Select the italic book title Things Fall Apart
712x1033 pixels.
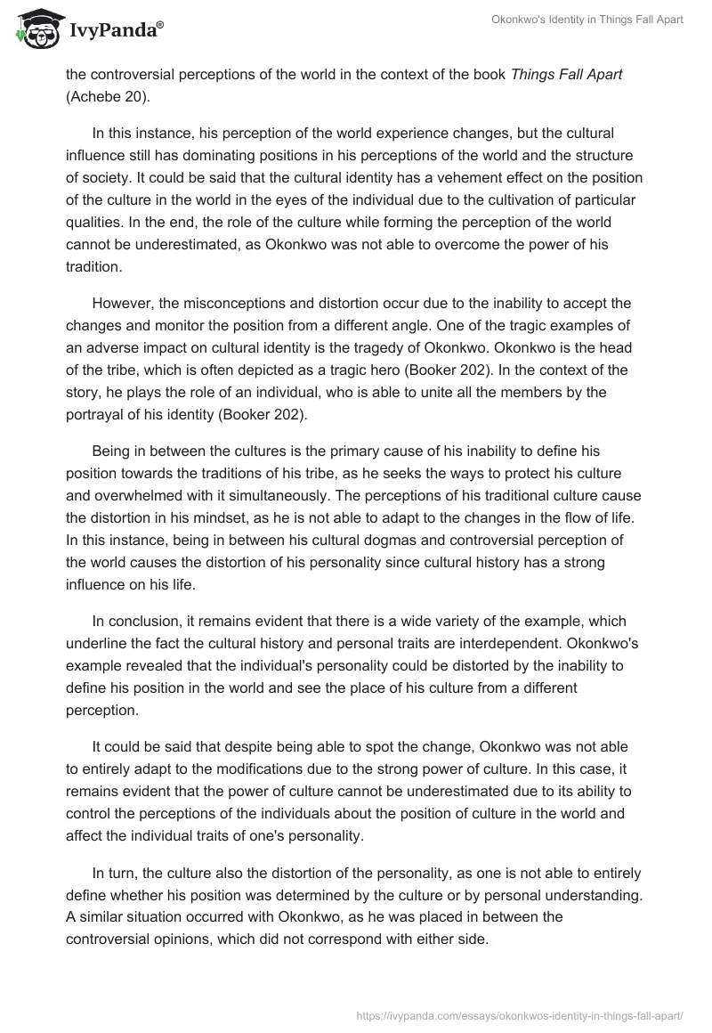(x=567, y=74)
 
